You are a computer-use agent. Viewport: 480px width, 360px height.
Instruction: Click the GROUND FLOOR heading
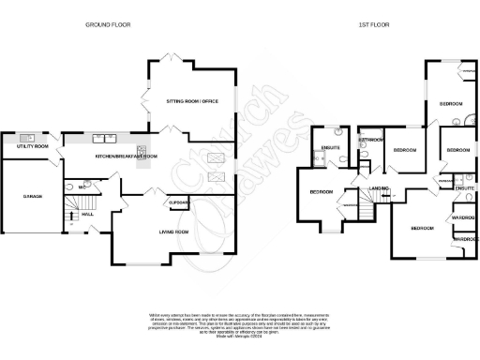coord(107,23)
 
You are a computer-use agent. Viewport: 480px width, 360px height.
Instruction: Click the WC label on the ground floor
coord(82,187)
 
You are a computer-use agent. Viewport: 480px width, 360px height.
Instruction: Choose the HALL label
coord(87,215)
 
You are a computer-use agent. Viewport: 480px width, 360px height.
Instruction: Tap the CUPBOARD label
coord(178,202)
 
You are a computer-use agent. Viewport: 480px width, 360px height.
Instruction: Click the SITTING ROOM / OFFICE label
coord(192,100)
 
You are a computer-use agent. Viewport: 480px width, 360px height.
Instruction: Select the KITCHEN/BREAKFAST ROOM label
coord(127,157)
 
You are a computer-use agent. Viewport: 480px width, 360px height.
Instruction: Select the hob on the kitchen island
coord(142,152)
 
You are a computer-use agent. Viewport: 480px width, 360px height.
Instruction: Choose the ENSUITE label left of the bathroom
coord(330,148)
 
